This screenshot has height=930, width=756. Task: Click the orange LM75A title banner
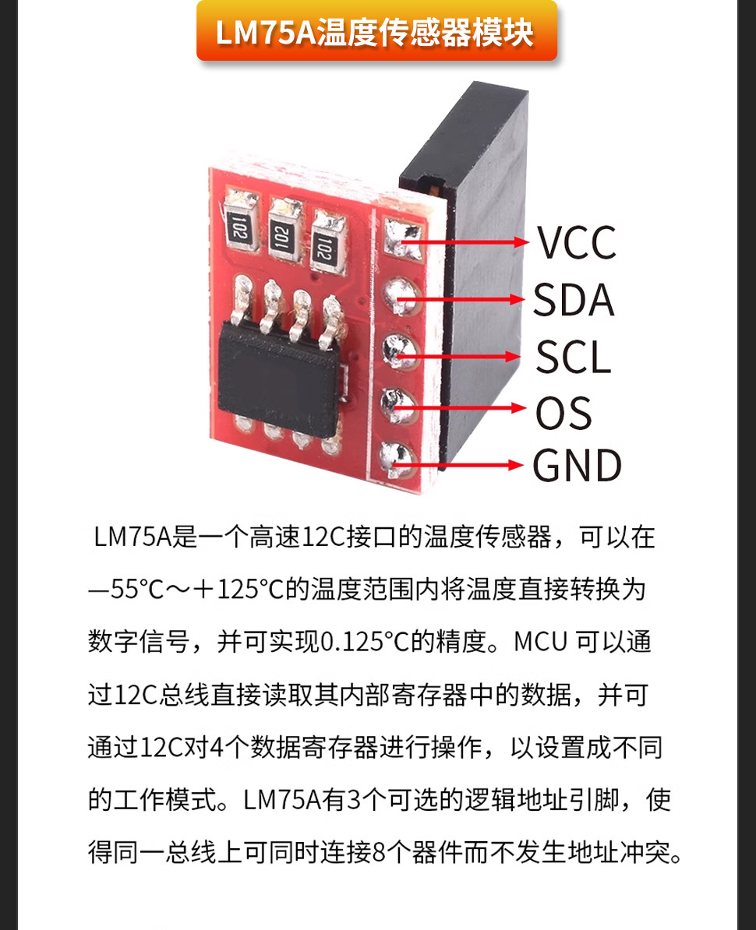tap(376, 31)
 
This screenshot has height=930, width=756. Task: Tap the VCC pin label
tap(577, 242)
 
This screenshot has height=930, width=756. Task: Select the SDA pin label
tap(573, 300)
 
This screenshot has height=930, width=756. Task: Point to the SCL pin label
tap(573, 357)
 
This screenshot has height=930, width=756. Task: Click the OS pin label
tap(563, 412)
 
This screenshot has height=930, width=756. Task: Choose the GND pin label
tap(577, 465)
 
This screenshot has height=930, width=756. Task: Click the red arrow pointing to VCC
tap(465, 242)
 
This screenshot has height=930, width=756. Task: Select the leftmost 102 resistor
tap(240, 225)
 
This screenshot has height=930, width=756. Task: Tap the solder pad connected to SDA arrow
tap(401, 296)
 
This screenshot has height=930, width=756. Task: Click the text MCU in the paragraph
tap(541, 642)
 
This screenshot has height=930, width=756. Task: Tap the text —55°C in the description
tap(125, 590)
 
